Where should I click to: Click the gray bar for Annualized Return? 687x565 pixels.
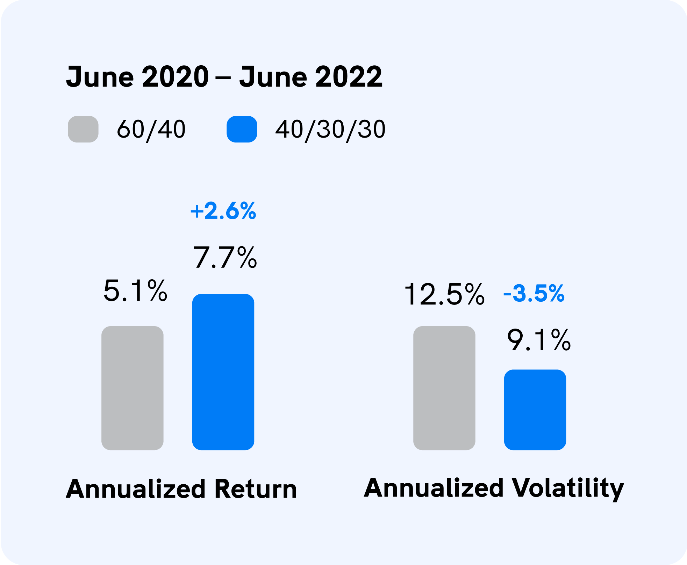click(133, 388)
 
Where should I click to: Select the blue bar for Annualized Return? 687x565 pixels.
click(223, 372)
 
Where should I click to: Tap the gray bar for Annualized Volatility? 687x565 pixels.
click(444, 388)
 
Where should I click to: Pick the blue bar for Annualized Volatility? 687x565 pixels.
click(535, 410)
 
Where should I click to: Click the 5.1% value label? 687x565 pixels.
click(135, 291)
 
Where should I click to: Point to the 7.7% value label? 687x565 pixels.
click(225, 257)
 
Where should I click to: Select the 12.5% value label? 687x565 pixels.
click(444, 294)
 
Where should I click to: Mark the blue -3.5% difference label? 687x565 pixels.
click(534, 293)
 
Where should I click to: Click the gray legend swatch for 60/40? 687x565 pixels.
click(83, 129)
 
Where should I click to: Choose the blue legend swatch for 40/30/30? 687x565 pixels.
click(242, 129)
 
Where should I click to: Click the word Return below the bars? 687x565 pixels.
click(256, 489)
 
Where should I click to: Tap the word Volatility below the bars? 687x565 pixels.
click(568, 489)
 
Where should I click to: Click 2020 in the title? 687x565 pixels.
click(176, 77)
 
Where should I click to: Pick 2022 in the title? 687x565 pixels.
click(349, 77)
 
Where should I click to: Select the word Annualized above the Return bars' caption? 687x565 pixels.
click(136, 489)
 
